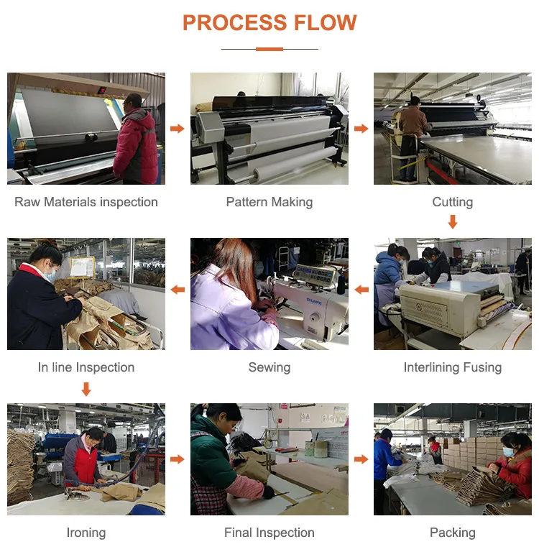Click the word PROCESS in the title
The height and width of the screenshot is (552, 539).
coord(235,22)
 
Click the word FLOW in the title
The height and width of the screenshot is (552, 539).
coord(326,22)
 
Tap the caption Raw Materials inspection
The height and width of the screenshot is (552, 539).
coord(86,202)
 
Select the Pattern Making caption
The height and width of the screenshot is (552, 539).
coord(269,202)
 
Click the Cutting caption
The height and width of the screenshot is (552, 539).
coord(452,202)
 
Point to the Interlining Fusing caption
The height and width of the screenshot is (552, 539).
coord(452,367)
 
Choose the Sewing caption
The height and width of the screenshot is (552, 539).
coord(269,367)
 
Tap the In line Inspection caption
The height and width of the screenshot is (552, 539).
coord(86,367)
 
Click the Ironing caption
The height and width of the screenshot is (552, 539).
coord(86,533)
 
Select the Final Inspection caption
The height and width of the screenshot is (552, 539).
coord(269,533)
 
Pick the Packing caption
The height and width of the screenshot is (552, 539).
coord(452,533)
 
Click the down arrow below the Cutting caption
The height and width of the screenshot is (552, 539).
coord(453,222)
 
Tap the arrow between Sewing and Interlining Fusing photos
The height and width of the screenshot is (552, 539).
coord(361,290)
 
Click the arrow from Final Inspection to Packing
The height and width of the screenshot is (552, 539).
coord(361,459)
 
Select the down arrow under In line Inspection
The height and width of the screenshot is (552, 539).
coord(86,390)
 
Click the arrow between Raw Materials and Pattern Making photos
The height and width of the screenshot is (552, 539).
coord(178,129)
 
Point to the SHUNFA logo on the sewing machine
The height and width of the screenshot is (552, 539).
coord(313,301)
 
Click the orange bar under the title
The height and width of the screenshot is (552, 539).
coord(269,50)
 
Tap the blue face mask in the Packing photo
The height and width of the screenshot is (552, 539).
coord(509,452)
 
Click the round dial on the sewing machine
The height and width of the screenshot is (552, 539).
coord(313,318)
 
